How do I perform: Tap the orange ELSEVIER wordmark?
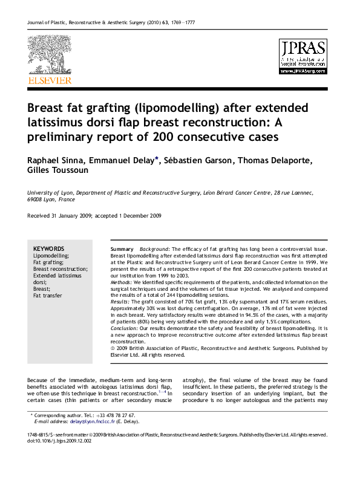click(49, 80)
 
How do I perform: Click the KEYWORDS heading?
click(48, 248)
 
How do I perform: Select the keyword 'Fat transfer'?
click(48, 296)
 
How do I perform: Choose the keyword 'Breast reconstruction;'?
click(60, 269)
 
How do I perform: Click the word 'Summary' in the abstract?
click(122, 249)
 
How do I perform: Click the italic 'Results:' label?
click(120, 301)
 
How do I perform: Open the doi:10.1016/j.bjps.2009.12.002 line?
click(59, 441)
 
